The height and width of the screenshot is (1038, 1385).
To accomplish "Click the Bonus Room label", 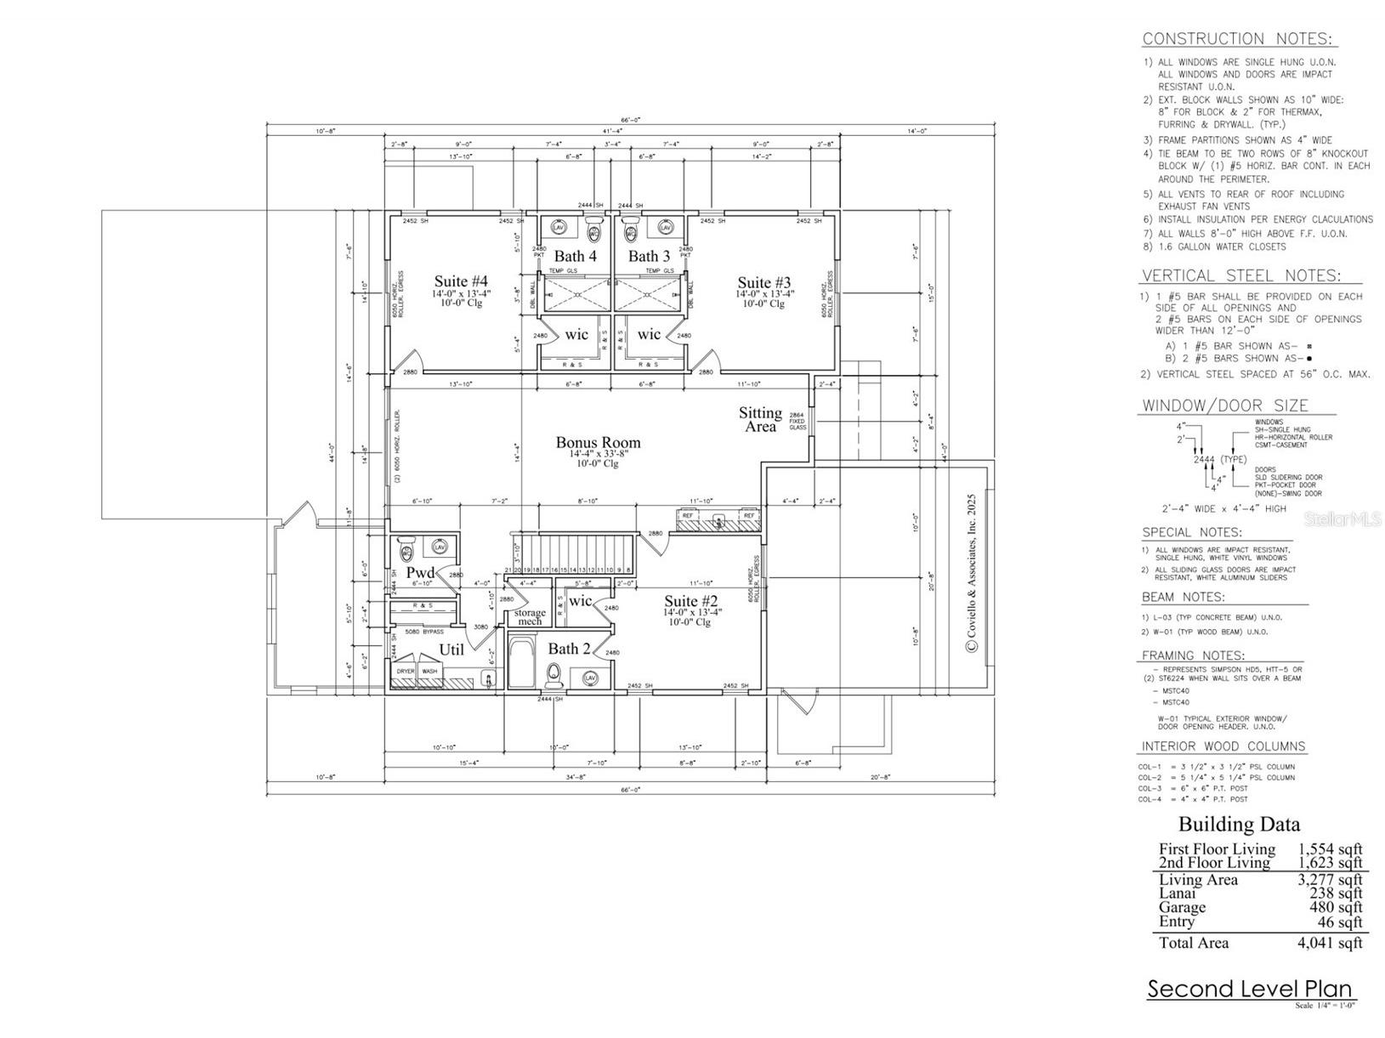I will pos(598,442).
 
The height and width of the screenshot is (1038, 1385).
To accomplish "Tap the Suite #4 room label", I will pos(461,281).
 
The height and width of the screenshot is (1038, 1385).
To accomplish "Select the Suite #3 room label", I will pos(764,282).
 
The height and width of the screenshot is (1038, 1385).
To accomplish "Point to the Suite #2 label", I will pos(690,601).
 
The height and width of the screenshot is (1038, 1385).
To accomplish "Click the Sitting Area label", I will pos(759,419).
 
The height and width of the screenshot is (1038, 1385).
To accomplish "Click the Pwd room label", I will pos(420,573).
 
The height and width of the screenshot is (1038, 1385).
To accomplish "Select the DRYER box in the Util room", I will pos(406,671).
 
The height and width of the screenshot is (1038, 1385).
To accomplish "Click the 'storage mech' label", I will pos(530,616).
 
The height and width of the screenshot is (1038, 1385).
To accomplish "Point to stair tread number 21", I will pos(508,570).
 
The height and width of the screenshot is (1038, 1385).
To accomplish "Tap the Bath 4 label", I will pos(576,256).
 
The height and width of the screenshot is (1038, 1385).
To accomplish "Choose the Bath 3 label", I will pos(649,256).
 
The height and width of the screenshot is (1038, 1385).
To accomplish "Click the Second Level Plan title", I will pos(1250,989).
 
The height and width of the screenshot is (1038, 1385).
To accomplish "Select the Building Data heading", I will pos(1238,824).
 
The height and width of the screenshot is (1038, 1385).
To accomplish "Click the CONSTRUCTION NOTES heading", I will pos(1239,38).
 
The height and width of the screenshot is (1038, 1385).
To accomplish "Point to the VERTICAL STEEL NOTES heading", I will pos(1240,275).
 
